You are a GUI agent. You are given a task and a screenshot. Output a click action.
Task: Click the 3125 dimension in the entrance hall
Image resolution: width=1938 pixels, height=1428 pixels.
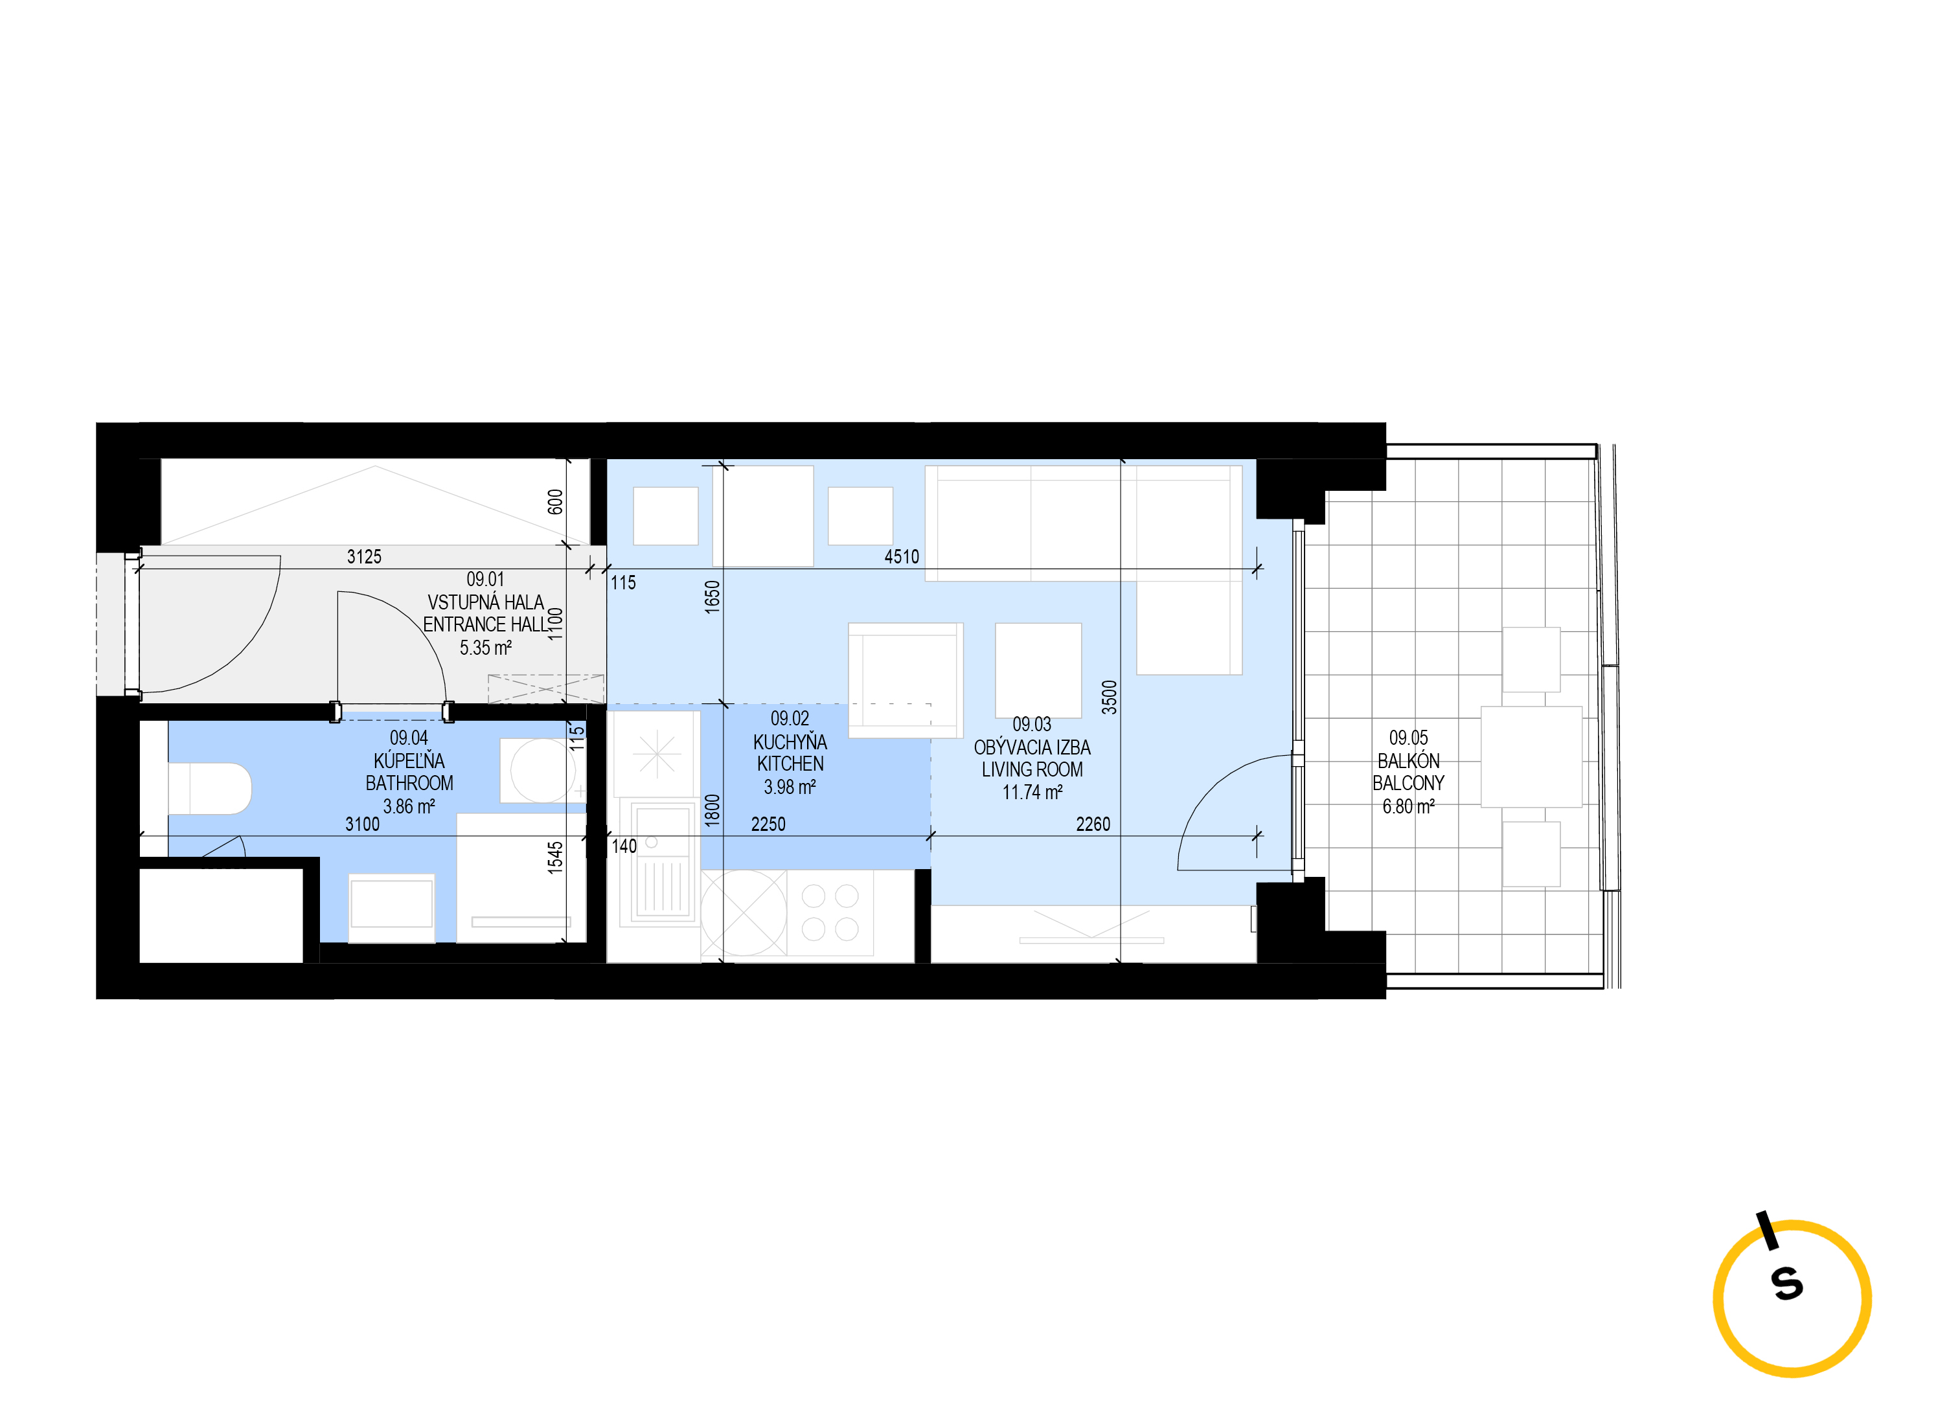(x=364, y=557)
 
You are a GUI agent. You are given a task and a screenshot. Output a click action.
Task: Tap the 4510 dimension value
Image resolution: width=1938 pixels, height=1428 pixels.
(x=902, y=557)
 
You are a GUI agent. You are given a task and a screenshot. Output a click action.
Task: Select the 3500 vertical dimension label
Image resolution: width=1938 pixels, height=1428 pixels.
(x=1109, y=697)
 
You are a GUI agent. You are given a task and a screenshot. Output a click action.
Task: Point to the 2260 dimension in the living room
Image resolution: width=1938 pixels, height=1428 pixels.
(x=1093, y=824)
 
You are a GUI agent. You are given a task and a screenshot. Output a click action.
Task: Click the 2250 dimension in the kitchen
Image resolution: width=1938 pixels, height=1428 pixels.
(x=768, y=824)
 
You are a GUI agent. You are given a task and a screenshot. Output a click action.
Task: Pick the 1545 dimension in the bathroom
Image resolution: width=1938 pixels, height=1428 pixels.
(x=555, y=857)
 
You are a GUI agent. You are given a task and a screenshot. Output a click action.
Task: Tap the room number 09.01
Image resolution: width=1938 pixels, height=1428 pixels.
(x=485, y=579)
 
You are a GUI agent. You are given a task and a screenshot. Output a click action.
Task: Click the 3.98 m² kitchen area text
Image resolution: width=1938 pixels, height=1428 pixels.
(x=789, y=787)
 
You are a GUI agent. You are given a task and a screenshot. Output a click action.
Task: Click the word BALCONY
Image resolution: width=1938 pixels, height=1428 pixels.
(x=1408, y=783)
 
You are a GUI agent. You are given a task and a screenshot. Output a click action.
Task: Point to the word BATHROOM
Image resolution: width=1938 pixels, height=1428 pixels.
(x=409, y=783)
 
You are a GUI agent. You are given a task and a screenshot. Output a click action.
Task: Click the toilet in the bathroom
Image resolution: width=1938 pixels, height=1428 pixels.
(x=209, y=788)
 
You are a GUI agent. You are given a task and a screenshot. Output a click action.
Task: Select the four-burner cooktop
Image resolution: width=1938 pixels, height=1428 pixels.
(x=830, y=912)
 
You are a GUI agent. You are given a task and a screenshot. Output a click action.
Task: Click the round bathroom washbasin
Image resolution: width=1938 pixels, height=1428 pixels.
(x=542, y=769)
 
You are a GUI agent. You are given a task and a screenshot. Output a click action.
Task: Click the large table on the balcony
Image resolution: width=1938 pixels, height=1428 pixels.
(x=1531, y=757)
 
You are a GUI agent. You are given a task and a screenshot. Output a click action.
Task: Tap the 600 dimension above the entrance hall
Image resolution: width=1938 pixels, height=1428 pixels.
(x=555, y=501)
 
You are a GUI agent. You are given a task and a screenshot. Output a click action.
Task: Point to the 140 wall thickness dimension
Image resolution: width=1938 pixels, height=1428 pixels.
(x=624, y=846)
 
